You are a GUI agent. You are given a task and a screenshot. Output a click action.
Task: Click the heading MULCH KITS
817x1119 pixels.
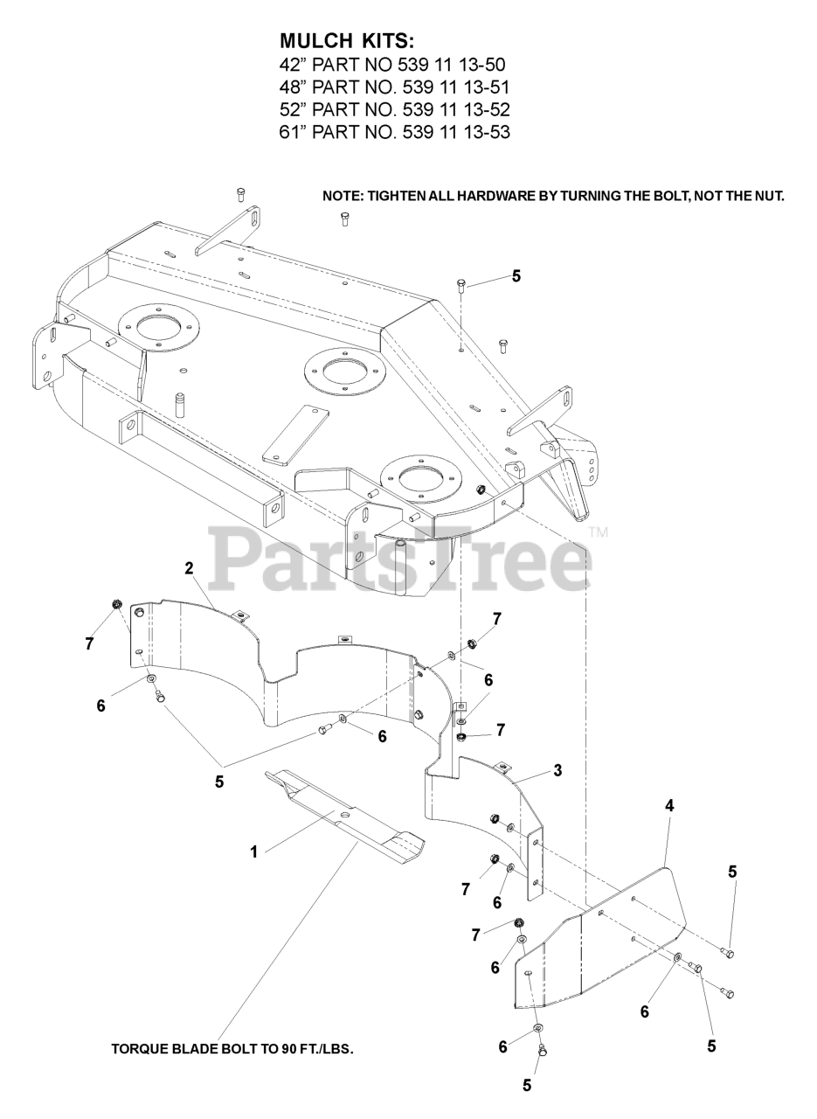click(347, 41)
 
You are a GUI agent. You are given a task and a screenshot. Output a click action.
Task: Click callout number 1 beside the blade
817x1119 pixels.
click(254, 851)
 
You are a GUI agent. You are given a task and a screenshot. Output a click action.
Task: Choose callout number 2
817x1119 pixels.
click(189, 568)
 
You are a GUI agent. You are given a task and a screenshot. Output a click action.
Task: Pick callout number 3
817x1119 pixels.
click(557, 770)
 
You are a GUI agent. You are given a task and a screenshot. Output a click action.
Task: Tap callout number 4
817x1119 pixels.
click(669, 806)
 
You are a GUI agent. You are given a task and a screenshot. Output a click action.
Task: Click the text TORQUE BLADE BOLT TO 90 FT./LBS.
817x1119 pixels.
click(232, 1048)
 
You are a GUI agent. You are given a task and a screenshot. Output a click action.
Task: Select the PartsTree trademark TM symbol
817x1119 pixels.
click(598, 532)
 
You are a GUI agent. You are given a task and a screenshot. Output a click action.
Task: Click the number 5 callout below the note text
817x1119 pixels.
click(516, 276)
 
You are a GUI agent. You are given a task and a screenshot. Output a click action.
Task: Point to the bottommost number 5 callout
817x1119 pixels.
click(526, 1086)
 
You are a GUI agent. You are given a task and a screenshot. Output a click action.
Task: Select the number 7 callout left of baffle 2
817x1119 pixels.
click(90, 643)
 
